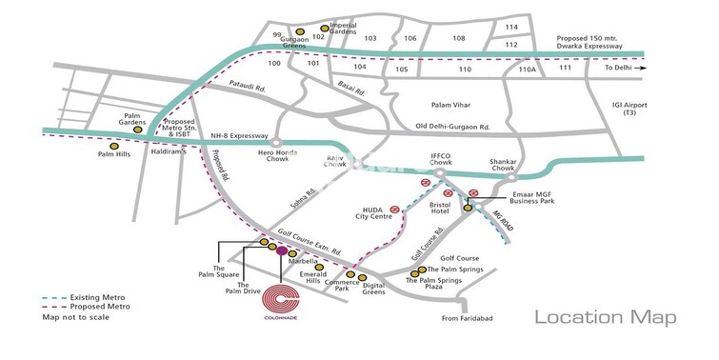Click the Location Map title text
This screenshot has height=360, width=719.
coord(605,318)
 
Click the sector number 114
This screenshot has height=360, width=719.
coord(511,28)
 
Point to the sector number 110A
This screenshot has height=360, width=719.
coord(527,70)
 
